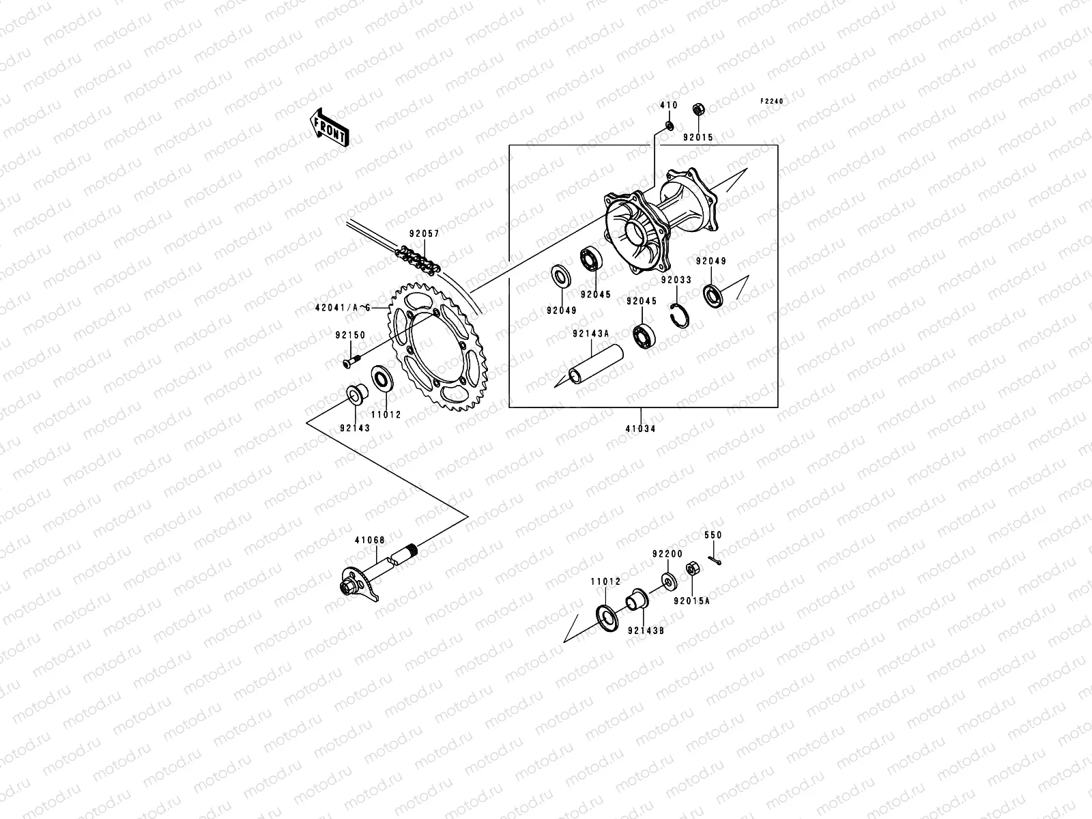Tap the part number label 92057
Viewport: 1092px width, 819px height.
[x=424, y=233]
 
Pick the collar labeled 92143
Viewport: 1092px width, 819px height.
[x=356, y=394]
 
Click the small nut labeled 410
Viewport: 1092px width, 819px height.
[x=670, y=126]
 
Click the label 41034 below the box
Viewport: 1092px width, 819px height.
[x=642, y=430]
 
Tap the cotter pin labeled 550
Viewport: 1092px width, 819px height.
[x=714, y=560]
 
